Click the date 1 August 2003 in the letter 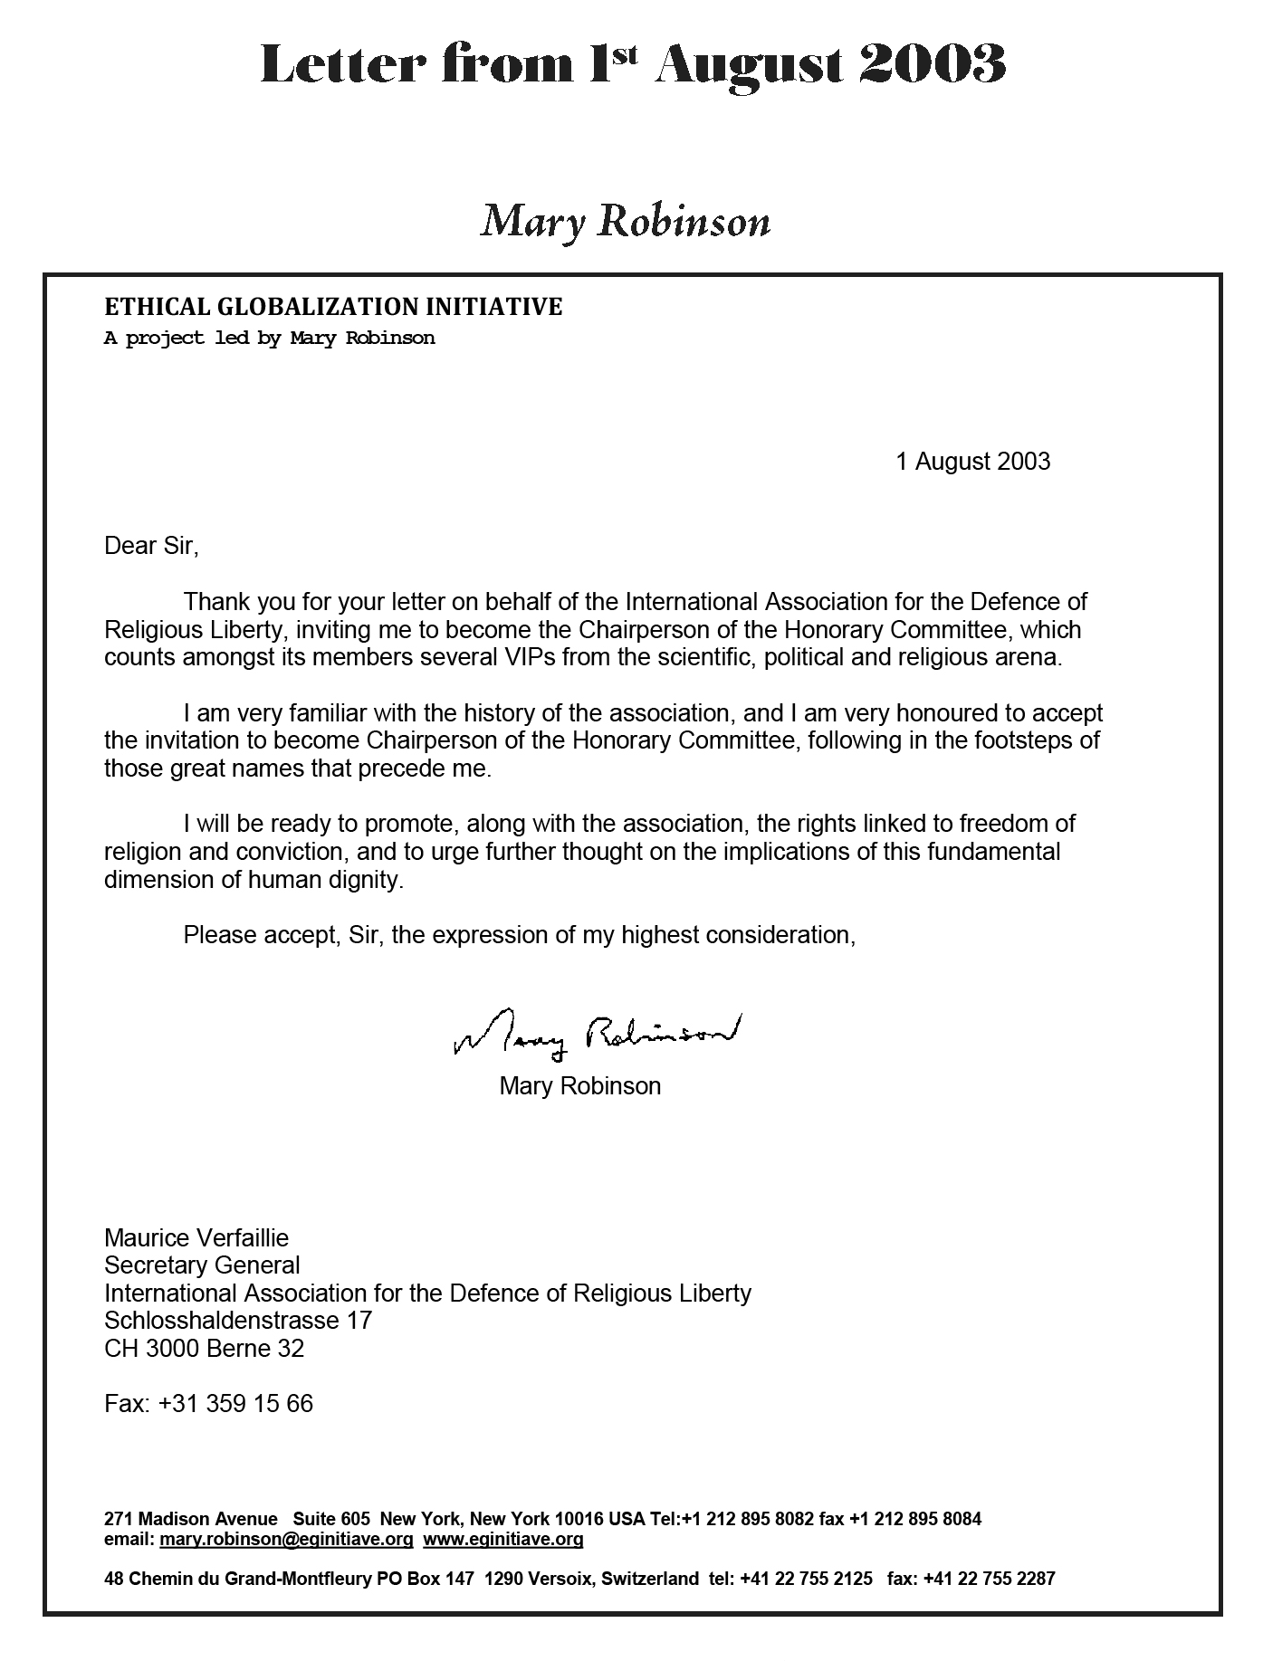click(x=972, y=462)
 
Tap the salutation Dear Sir click(x=150, y=546)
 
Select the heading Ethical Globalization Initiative click(x=333, y=308)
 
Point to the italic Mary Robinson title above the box click(x=625, y=222)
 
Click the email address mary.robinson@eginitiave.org click(x=286, y=1539)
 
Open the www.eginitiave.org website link click(x=502, y=1539)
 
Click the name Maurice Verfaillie click(x=196, y=1237)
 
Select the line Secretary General click(x=202, y=1265)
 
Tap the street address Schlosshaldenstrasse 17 click(x=238, y=1320)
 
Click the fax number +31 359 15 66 click(x=235, y=1404)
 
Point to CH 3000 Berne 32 click(x=204, y=1349)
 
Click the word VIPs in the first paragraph click(x=527, y=657)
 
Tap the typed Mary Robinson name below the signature click(x=579, y=1086)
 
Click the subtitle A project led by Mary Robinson click(x=270, y=339)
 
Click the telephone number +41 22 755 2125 click(x=806, y=1579)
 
